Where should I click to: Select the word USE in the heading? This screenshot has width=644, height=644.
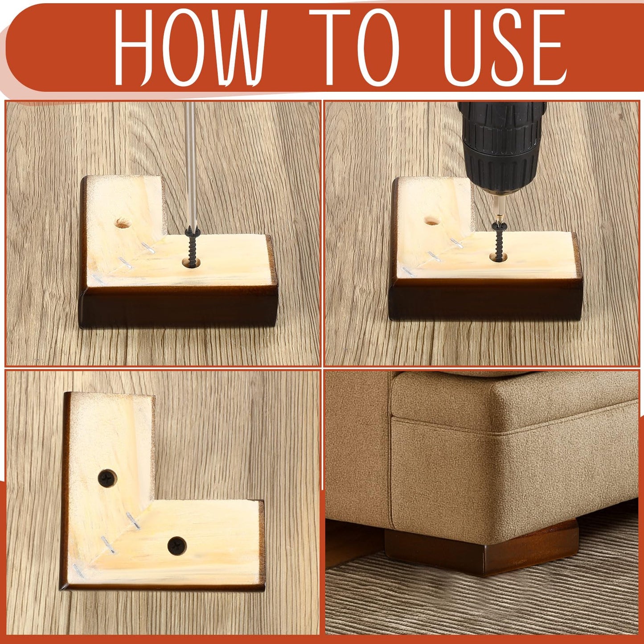pos(505,47)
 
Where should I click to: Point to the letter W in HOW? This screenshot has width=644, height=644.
pos(236,47)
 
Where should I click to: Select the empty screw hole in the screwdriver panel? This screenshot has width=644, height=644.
pos(122,222)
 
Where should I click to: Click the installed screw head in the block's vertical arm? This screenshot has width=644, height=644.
pos(107,478)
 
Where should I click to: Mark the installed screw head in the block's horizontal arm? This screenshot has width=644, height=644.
pos(177,546)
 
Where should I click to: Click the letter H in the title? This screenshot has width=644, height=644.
pos(134,47)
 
